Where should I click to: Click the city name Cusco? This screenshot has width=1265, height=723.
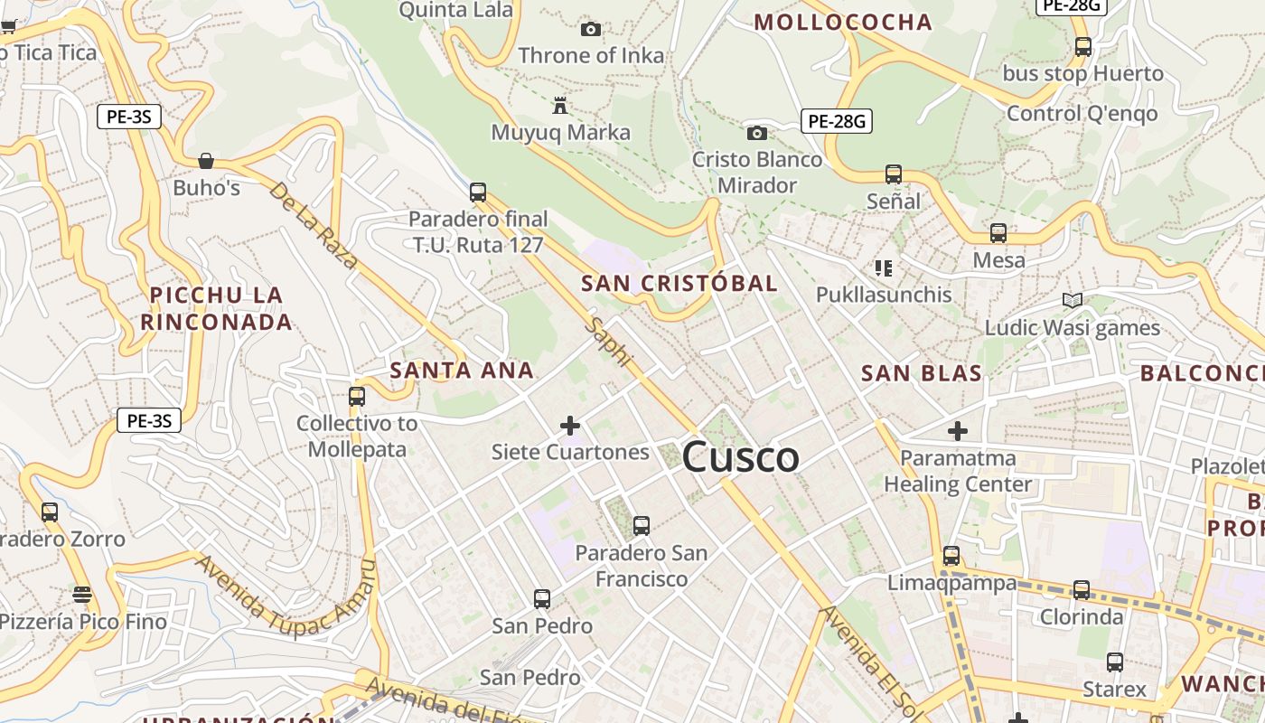[x=740, y=457]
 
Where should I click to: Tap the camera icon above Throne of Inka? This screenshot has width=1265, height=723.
[x=591, y=30]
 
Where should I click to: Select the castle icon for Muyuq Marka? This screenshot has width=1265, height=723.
[x=560, y=106]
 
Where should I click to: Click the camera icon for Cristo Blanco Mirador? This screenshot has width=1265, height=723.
[x=757, y=134]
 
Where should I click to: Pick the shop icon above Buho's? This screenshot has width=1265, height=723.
[x=206, y=161]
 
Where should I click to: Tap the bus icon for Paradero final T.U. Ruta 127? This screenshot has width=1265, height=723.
[x=478, y=192]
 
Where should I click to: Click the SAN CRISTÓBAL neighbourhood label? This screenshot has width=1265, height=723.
[x=679, y=283]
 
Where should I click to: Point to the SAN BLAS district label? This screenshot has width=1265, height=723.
[x=921, y=373]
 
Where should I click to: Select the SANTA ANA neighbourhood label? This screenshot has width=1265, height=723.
[x=462, y=370]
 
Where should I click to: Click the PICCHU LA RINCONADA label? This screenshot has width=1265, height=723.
[x=217, y=308]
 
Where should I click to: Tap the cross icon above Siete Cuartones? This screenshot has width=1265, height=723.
[x=570, y=425]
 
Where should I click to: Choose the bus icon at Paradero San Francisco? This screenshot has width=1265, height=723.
[x=642, y=525]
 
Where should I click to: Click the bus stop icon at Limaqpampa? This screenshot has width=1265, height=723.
[x=951, y=555]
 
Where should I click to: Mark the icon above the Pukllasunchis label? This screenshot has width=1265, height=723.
[x=884, y=268]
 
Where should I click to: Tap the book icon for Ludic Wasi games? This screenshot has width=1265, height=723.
[x=1073, y=300]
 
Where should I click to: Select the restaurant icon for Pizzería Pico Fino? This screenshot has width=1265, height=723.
[x=82, y=594]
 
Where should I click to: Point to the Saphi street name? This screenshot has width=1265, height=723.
[x=607, y=342]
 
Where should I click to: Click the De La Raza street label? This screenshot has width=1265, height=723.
[x=314, y=226]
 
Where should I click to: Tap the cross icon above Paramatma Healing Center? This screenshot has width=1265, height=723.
[x=957, y=431]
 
